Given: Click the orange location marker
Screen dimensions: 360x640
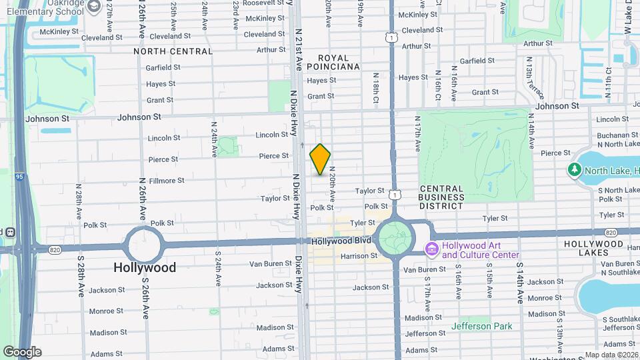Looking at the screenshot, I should click(320, 159).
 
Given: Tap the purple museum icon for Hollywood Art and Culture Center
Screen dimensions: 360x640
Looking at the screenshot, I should click(431, 249).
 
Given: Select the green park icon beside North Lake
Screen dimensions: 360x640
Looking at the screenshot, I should click(575, 170).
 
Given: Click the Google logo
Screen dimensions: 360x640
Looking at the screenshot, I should click(22, 352).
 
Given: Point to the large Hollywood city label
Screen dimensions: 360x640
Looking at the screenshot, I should click(145, 267).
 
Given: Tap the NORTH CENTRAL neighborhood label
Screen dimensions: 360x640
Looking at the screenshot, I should click(173, 51).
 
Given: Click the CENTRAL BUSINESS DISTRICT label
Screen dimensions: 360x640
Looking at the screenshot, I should click(442, 201).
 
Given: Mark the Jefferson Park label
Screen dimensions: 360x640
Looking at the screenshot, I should click(482, 326).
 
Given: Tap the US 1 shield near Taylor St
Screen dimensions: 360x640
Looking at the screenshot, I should click(395, 195).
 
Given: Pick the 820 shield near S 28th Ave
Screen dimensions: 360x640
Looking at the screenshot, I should click(55, 249).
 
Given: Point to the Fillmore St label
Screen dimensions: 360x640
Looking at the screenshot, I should click(167, 181).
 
